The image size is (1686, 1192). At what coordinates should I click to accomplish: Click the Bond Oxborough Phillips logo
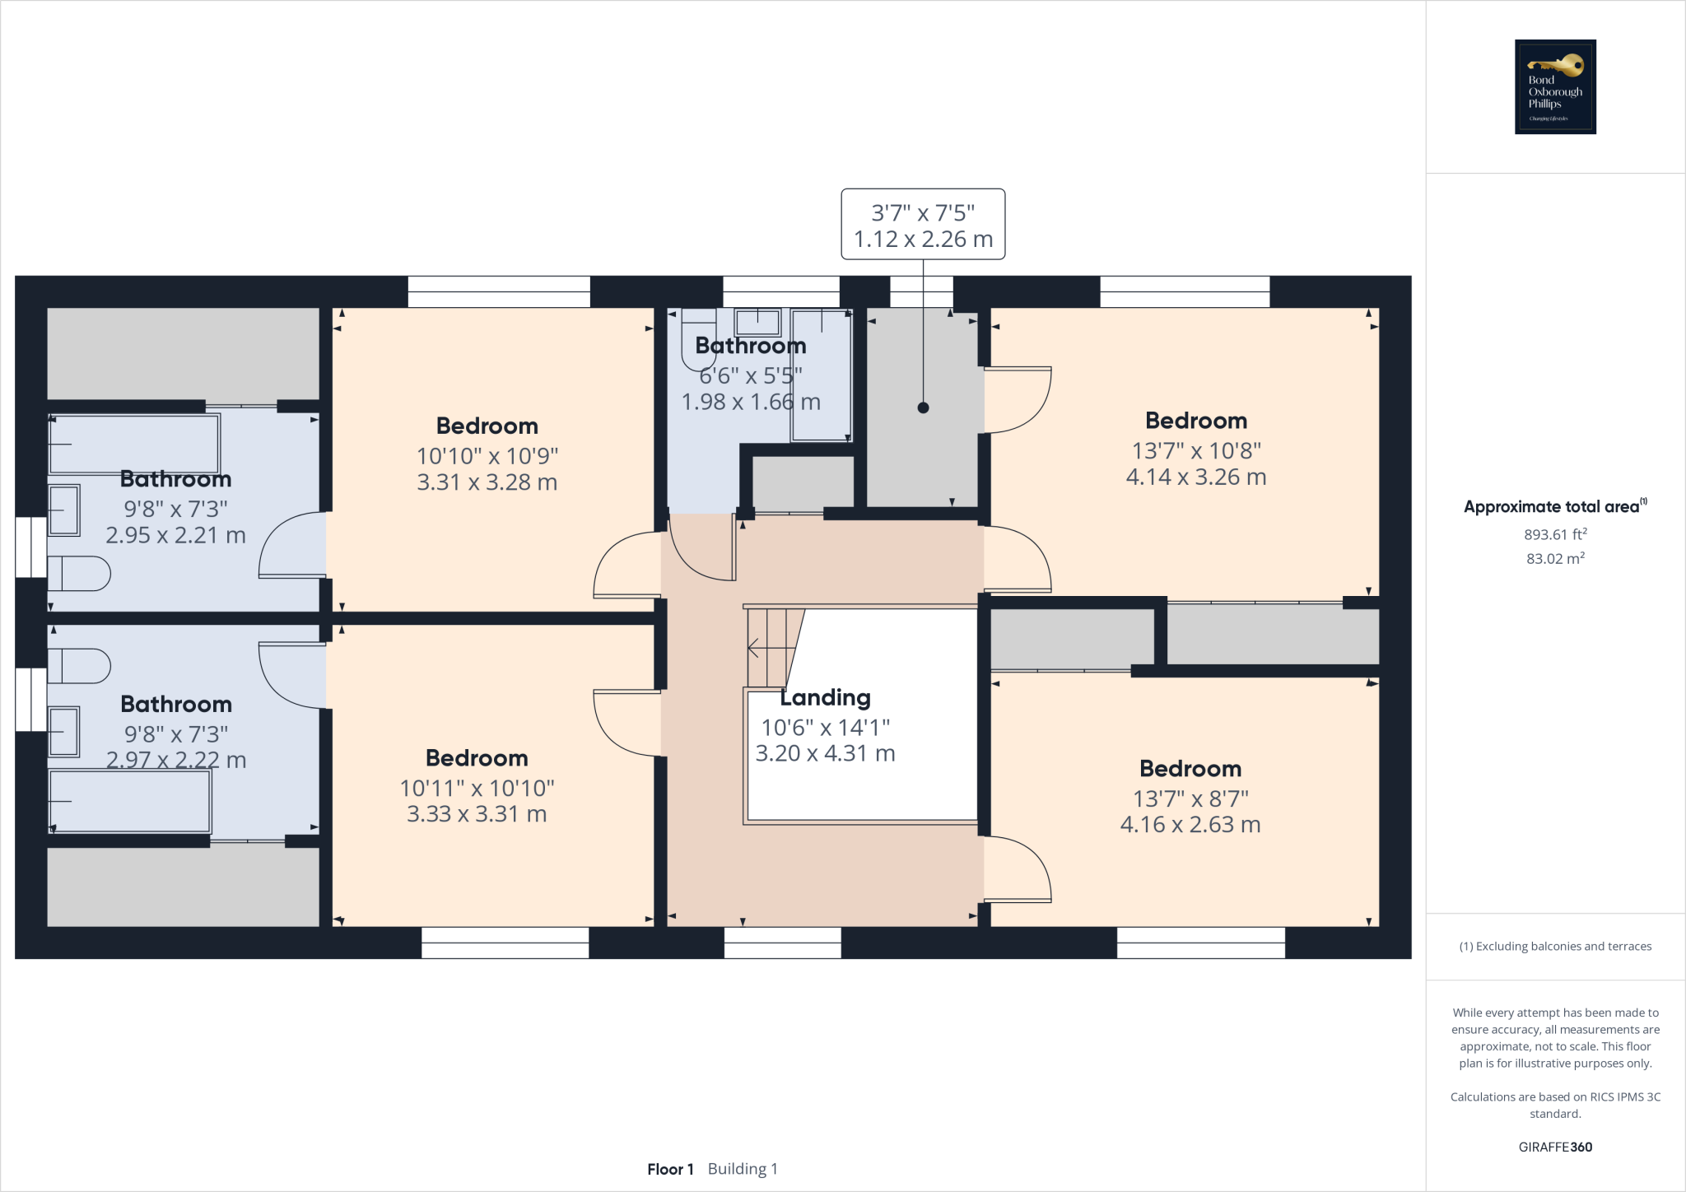pyautogui.click(x=1555, y=86)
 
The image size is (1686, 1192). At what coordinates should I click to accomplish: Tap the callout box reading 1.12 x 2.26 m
pyautogui.click(x=923, y=225)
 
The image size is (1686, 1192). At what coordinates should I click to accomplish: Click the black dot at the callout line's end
pyautogui.click(x=923, y=407)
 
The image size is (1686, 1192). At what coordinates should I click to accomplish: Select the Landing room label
pyautogui.click(x=825, y=698)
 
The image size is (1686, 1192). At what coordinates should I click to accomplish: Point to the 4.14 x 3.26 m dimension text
pyautogui.click(x=1195, y=477)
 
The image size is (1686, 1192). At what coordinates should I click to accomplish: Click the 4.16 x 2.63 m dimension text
pyautogui.click(x=1190, y=824)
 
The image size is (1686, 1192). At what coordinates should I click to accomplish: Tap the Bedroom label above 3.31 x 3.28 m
pyautogui.click(x=487, y=426)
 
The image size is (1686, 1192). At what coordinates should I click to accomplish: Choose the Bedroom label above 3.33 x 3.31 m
pyautogui.click(x=477, y=758)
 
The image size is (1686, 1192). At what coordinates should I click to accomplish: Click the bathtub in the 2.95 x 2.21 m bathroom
pyautogui.click(x=134, y=444)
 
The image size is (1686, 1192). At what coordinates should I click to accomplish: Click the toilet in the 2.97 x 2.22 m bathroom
pyautogui.click(x=79, y=666)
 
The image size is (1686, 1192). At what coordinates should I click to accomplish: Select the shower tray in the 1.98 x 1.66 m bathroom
pyautogui.click(x=821, y=375)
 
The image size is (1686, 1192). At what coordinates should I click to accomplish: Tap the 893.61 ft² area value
pyautogui.click(x=1554, y=534)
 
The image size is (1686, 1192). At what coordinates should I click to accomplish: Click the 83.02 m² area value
pyautogui.click(x=1554, y=558)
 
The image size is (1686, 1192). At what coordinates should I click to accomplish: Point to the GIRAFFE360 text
pyautogui.click(x=1555, y=1147)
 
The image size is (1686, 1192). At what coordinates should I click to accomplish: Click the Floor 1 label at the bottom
pyautogui.click(x=670, y=1169)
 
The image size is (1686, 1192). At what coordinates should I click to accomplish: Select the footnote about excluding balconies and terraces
pyautogui.click(x=1555, y=946)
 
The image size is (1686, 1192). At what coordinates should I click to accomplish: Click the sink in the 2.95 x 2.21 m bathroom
pyautogui.click(x=64, y=510)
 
